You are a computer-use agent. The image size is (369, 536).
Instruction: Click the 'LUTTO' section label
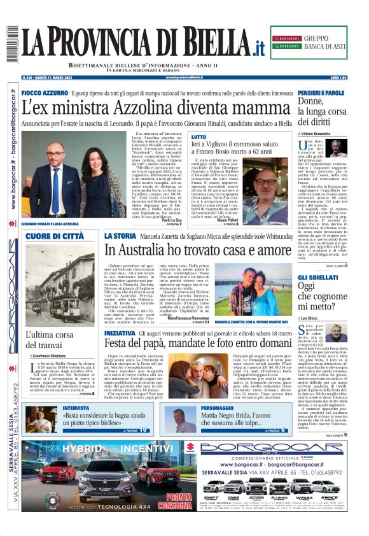[x=198, y=137]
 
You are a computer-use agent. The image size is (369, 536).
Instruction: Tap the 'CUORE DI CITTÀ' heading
[x=55, y=236]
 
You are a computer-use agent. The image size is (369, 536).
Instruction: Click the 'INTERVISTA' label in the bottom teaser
[x=76, y=407]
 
